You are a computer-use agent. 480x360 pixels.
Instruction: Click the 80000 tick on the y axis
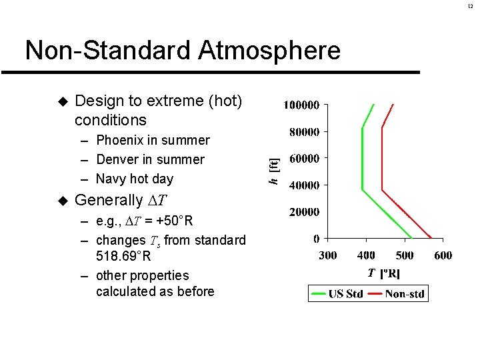click(304, 131)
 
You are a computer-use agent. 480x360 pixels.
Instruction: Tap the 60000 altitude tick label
click(304, 158)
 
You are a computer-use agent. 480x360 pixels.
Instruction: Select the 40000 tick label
click(304, 185)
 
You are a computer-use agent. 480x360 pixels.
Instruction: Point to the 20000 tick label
click(304, 211)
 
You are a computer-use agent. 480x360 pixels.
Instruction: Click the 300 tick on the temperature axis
click(328, 255)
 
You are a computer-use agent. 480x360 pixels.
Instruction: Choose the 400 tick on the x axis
click(366, 255)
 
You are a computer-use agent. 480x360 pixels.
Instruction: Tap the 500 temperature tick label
click(405, 255)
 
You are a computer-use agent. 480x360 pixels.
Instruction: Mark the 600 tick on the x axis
click(443, 255)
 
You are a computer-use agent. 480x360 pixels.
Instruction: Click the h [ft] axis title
click(274, 171)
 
